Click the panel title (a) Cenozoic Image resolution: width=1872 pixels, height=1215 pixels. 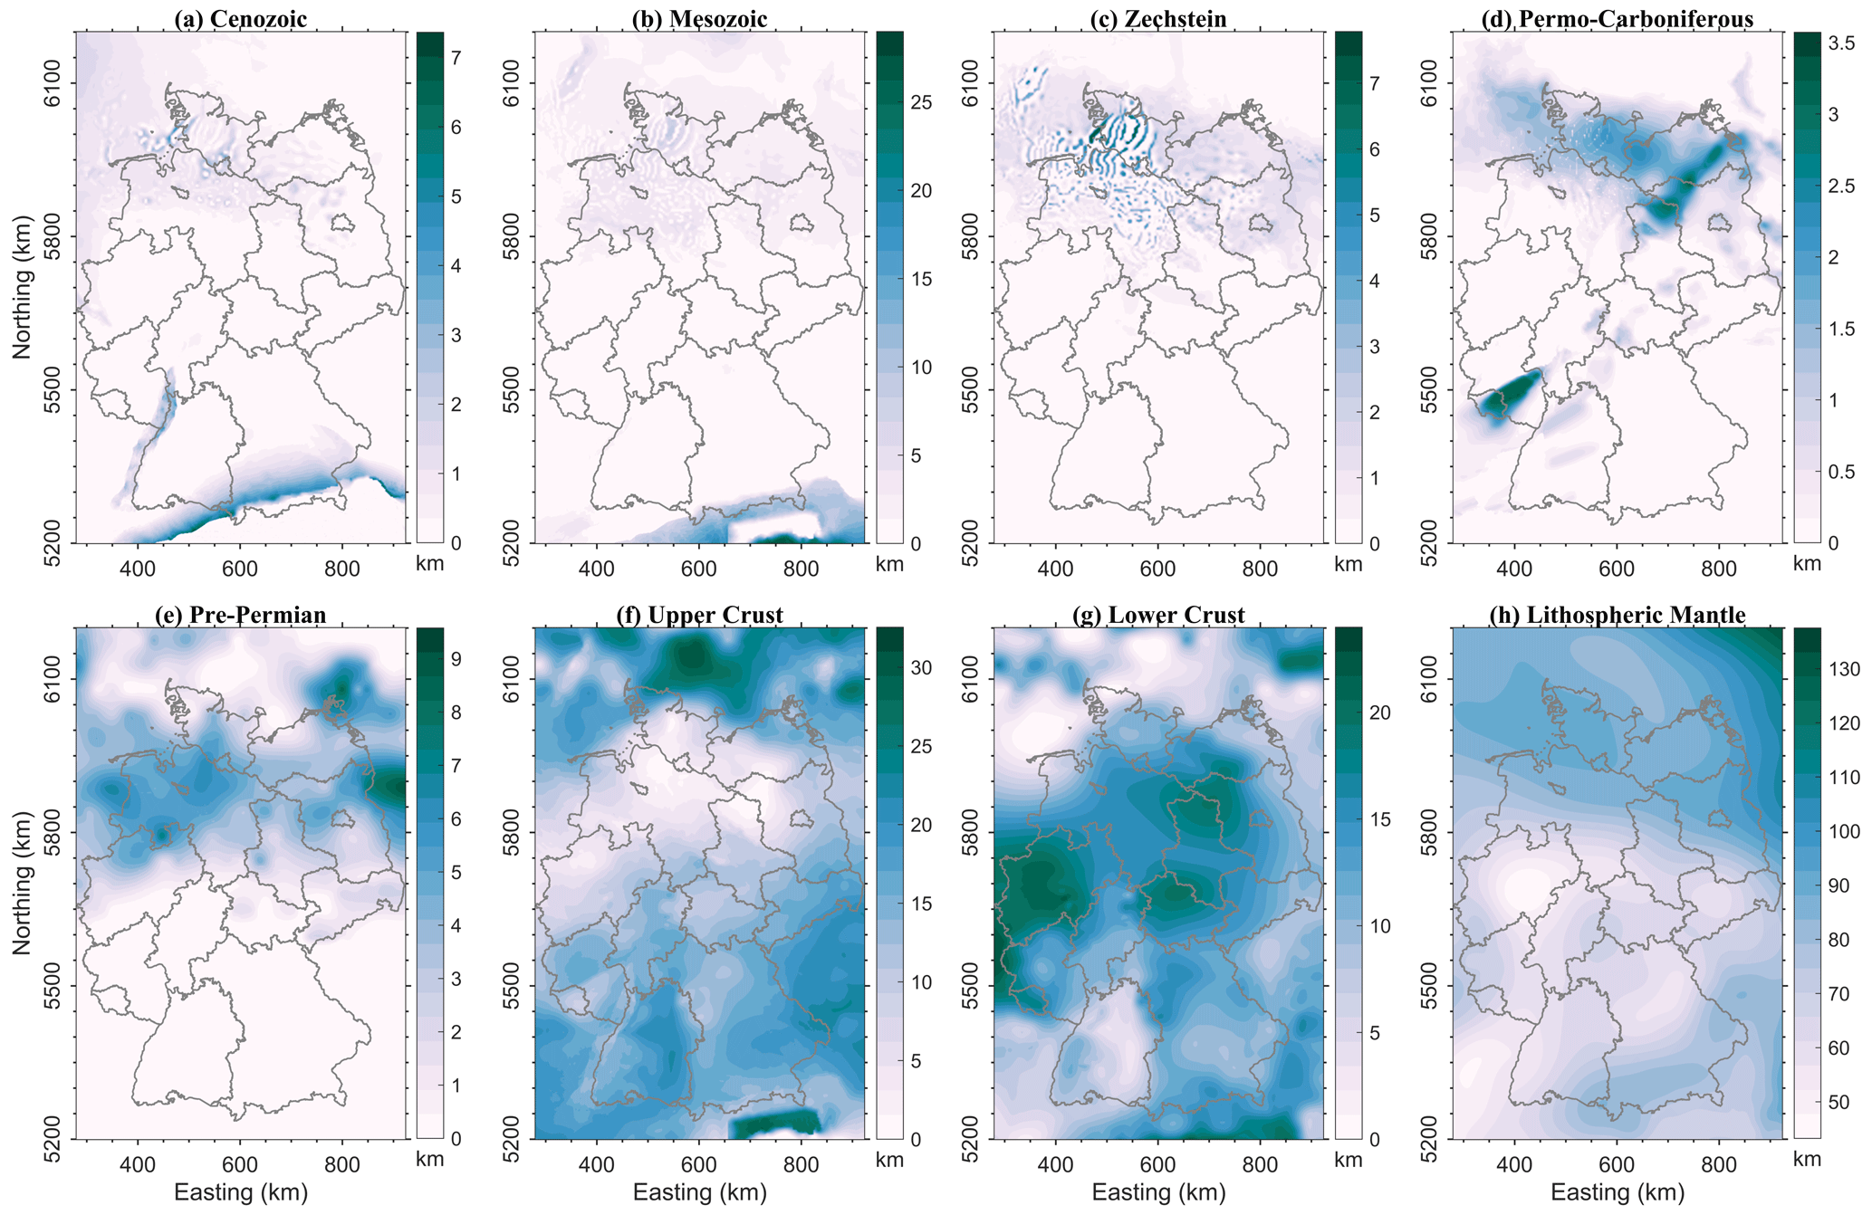click(240, 19)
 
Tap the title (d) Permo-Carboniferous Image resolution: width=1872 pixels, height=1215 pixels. click(1618, 19)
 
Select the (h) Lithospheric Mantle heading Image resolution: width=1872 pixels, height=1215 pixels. click(1618, 616)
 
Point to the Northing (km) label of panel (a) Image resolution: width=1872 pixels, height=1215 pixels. click(23, 287)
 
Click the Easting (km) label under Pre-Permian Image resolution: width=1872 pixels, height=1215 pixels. click(241, 1192)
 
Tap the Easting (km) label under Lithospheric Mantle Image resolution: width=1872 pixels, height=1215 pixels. click(1618, 1192)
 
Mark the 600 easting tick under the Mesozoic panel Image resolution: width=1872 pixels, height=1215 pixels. click(699, 569)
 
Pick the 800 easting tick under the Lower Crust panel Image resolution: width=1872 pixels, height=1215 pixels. click(1260, 1163)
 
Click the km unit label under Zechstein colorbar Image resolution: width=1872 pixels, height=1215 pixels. click(1348, 564)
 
